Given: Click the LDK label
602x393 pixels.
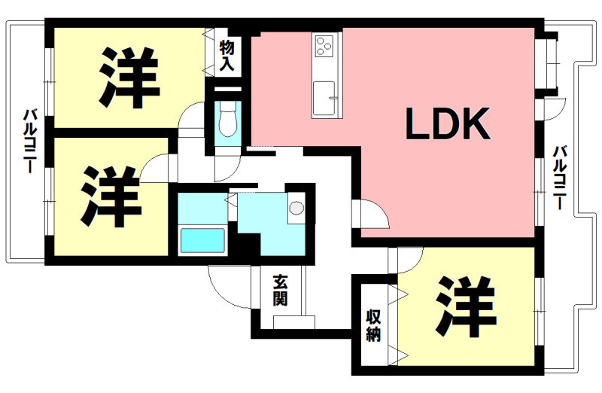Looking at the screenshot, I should (448, 125).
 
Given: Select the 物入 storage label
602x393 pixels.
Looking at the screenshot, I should (227, 56).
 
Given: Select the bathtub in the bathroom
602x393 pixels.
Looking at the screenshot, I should (202, 241).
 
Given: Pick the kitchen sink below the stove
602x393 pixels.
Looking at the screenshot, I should (325, 97).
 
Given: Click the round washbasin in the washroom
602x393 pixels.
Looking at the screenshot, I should (296, 208).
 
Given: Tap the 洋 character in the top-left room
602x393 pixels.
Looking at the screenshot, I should (128, 77).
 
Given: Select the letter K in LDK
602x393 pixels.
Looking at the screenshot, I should (476, 125).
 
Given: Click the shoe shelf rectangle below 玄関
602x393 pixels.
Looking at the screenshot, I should (293, 322).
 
